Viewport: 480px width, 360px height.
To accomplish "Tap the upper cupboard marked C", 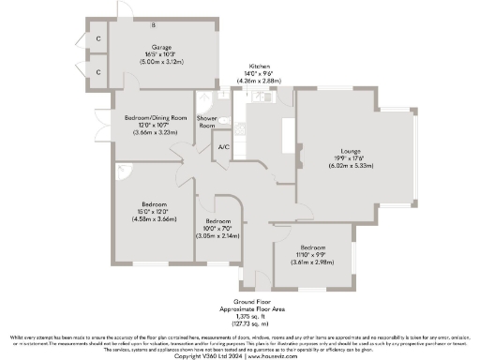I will tap(98, 38).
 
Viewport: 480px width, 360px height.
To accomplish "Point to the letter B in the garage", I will tap(153, 23).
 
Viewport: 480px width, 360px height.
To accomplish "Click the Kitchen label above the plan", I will tap(260, 67).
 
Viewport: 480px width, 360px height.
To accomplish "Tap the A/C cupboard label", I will tap(223, 148).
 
